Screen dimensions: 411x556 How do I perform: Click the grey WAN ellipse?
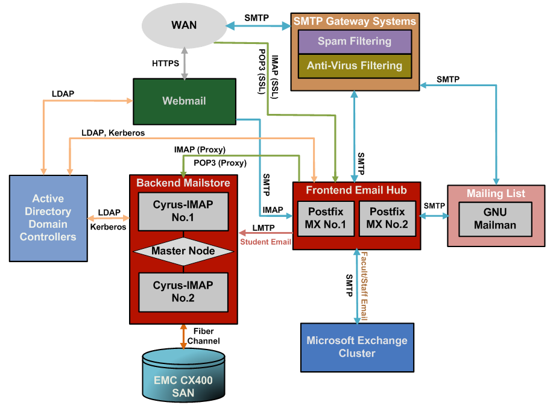point(183,26)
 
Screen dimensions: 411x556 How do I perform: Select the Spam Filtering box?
point(355,42)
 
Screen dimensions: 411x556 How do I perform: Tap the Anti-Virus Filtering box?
point(355,66)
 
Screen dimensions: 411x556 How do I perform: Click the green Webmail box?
point(183,101)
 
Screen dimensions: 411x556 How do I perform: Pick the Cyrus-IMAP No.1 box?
point(183,211)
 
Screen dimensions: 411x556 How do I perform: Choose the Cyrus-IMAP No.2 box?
point(183,290)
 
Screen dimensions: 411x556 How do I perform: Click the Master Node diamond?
point(183,251)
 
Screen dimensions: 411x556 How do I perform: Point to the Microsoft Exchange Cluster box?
point(357,347)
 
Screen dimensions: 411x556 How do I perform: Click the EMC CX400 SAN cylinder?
point(183,380)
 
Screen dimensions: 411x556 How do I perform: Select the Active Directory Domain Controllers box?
point(48,218)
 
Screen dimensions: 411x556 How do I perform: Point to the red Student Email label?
point(265,242)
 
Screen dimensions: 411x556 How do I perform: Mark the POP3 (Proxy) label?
point(220,163)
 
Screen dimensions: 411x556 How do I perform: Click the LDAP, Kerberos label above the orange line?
point(113,133)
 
